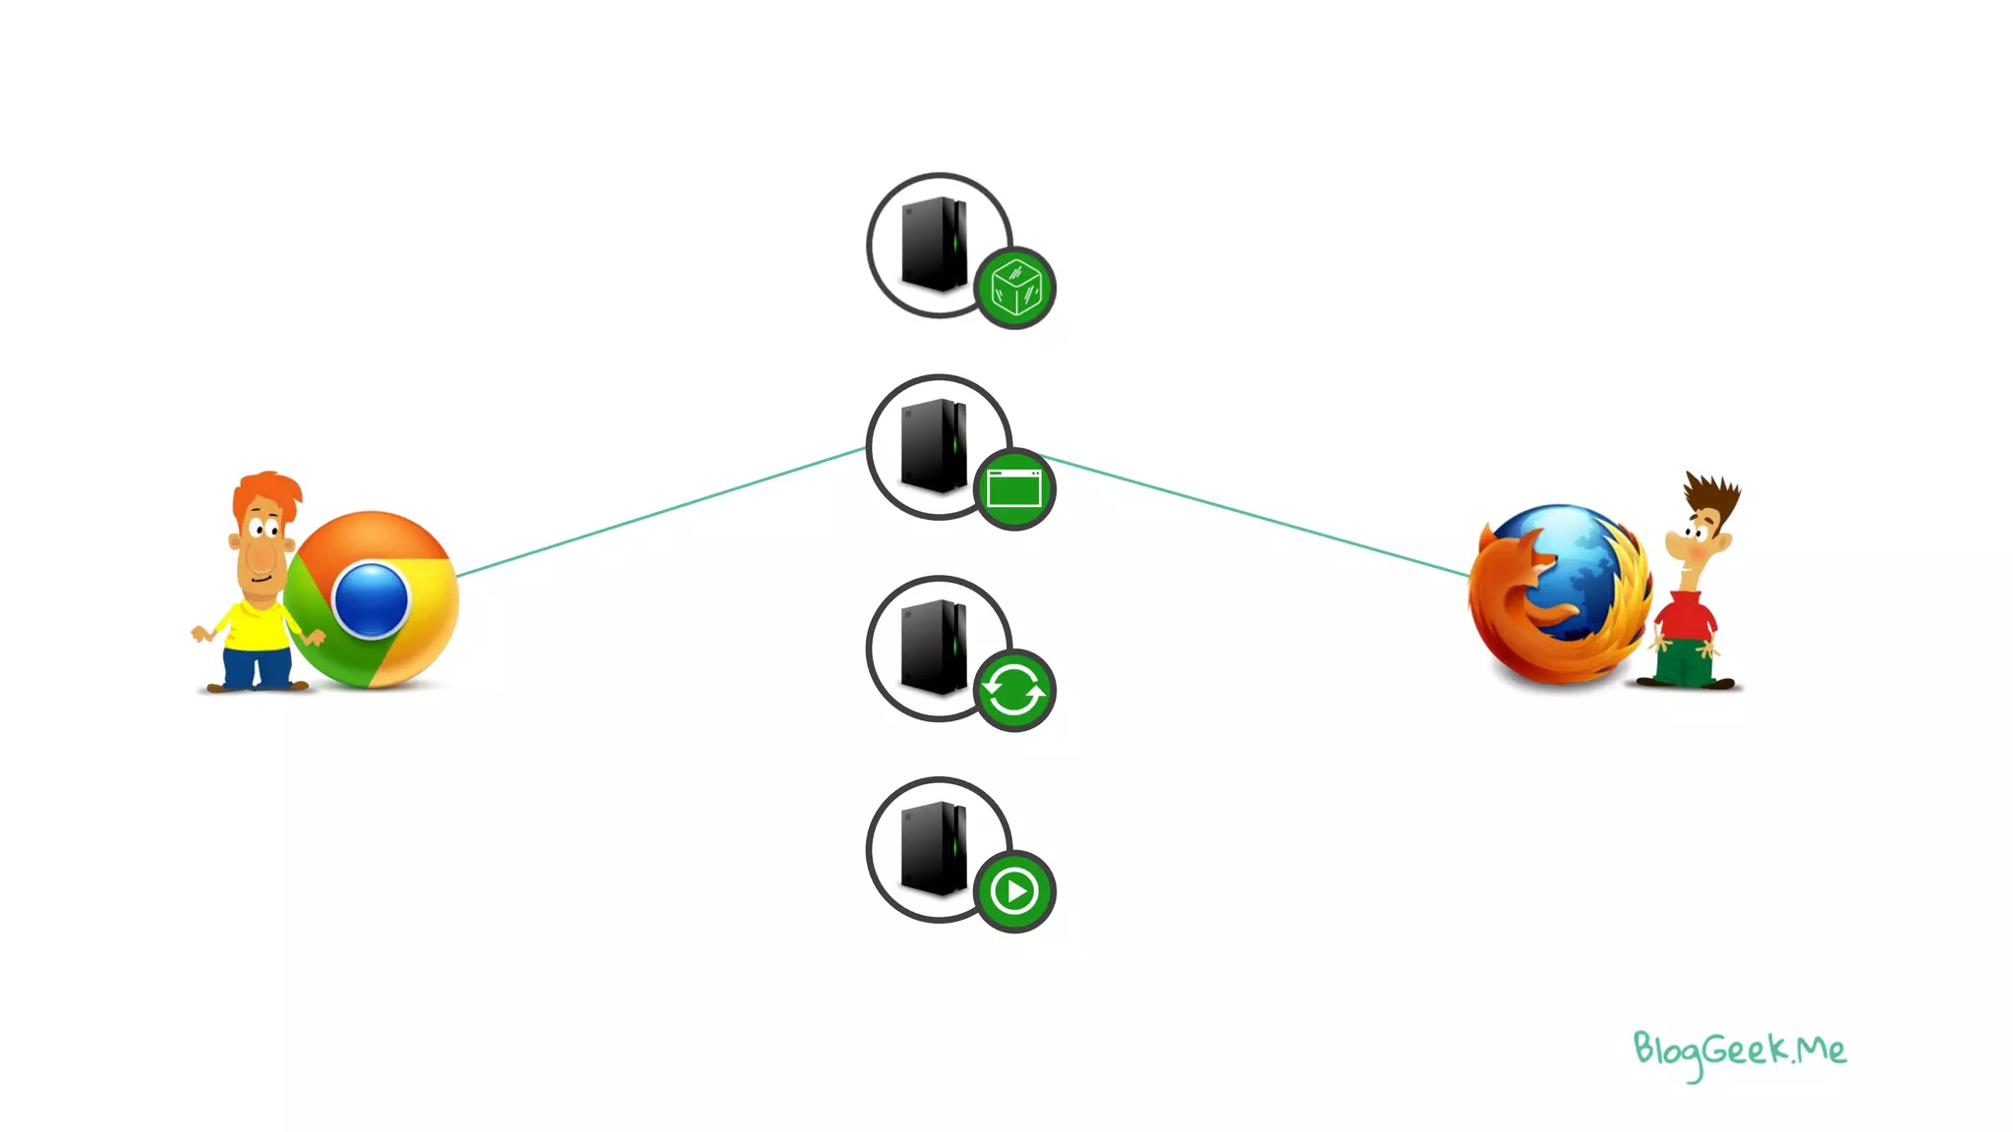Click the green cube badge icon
(1015, 288)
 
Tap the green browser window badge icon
(1014, 489)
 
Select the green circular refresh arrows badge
(1014, 691)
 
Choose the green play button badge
(1014, 891)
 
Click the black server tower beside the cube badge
(934, 244)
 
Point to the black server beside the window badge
(934, 445)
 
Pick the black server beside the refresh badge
(934, 647)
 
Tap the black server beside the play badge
(934, 848)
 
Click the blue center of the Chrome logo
(371, 599)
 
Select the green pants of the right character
(1684, 662)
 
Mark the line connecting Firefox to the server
(1258, 516)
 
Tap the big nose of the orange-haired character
(261, 556)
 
